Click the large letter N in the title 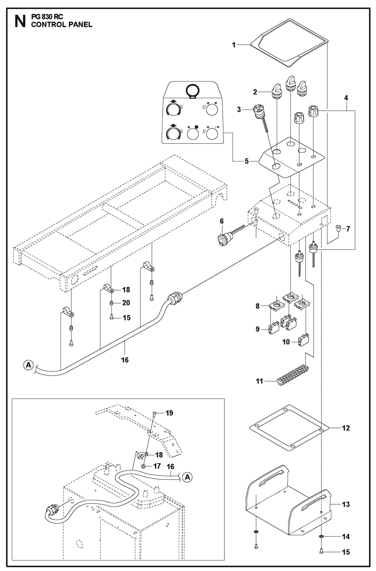tap(20, 21)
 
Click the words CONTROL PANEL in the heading tap(62, 24)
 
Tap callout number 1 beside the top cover tap(234, 45)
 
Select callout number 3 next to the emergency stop tap(239, 109)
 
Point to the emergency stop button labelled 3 tap(258, 112)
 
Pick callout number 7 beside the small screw tap(348, 229)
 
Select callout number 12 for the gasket tap(346, 428)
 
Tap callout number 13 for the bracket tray tap(346, 504)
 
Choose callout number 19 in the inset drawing tap(169, 413)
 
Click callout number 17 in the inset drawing tap(157, 466)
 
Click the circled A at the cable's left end tap(28, 365)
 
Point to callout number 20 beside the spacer tap(126, 303)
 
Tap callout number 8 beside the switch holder tap(258, 306)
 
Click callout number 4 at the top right tap(346, 98)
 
